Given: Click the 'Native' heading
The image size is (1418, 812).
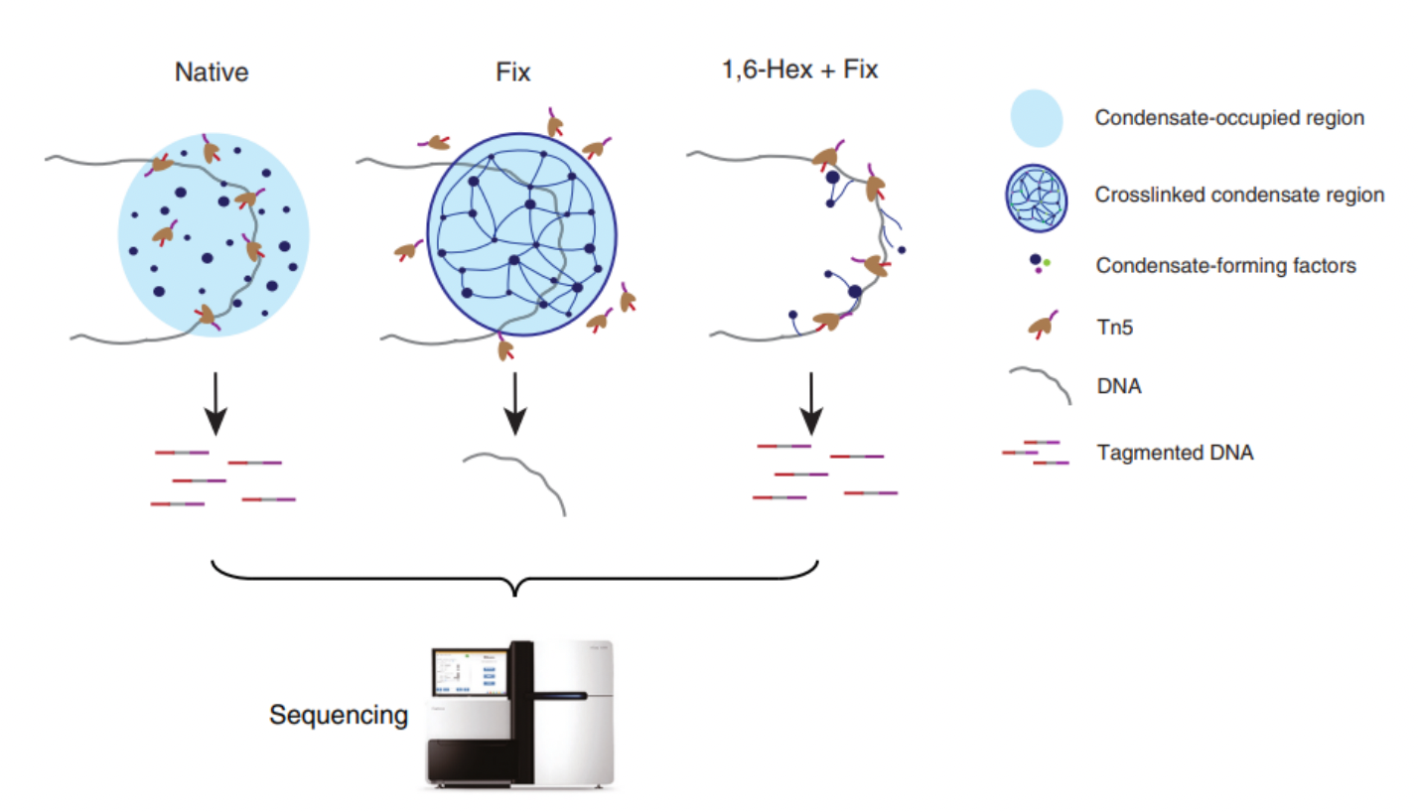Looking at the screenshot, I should (210, 73).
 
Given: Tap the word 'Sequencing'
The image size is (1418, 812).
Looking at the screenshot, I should (338, 715).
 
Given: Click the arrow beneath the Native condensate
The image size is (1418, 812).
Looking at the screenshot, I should (214, 406).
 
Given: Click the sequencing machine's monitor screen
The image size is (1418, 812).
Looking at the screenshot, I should (468, 673).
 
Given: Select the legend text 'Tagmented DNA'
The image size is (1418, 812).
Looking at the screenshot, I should (1176, 454).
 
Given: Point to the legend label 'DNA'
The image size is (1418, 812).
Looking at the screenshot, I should (1118, 388).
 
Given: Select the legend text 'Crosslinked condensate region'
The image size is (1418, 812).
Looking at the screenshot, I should (1239, 195).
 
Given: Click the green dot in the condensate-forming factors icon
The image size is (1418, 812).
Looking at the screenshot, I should (1046, 262).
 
